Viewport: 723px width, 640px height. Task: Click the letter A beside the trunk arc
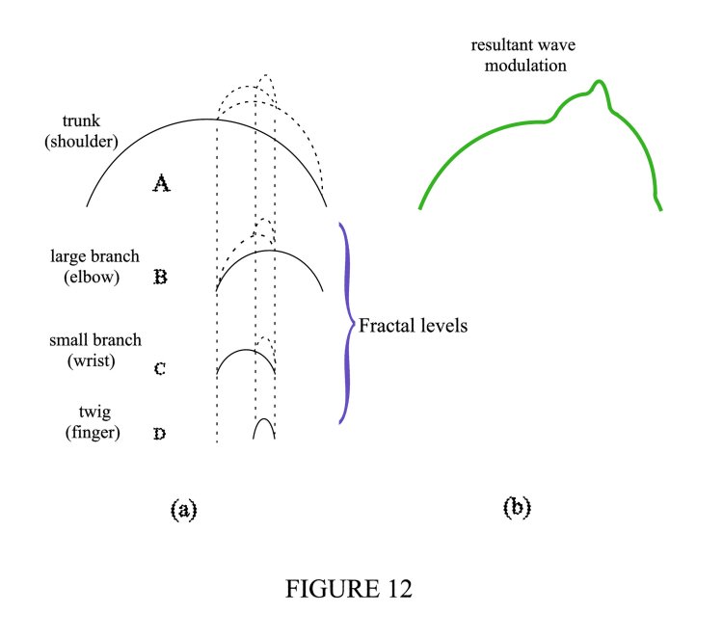(x=162, y=182)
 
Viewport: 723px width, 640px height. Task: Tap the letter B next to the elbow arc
(x=161, y=278)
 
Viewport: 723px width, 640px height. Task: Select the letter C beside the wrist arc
(x=161, y=368)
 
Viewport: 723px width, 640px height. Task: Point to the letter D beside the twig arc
(x=160, y=434)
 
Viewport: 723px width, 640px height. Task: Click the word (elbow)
(x=94, y=276)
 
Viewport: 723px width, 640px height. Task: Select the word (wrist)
(x=94, y=360)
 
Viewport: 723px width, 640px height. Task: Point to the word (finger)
(x=94, y=433)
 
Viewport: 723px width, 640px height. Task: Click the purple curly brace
(x=344, y=325)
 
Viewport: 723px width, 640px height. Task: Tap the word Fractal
(x=385, y=326)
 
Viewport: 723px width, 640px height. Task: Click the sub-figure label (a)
(x=183, y=509)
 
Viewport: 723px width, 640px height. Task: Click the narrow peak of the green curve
(x=600, y=84)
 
